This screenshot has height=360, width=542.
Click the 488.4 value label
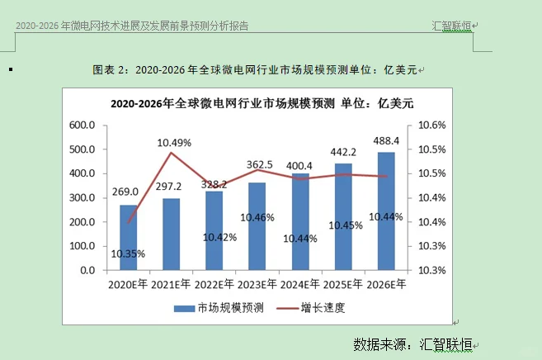[385, 141]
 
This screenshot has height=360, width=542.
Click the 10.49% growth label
[174, 142]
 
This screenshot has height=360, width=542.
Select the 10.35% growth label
[129, 253]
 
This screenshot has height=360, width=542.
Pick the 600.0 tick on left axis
[82, 126]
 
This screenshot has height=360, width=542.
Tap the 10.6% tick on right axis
[432, 126]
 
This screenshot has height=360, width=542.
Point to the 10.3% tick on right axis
[432, 270]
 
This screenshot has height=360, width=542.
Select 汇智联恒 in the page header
[451, 26]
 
